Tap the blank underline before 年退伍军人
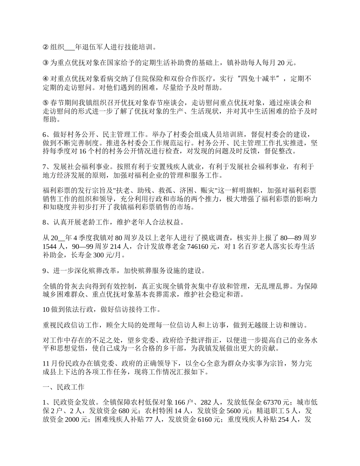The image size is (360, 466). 70,48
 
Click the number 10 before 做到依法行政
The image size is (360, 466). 46,310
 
